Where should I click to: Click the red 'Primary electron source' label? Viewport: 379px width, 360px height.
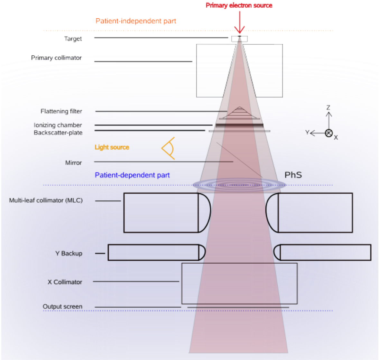point(239,5)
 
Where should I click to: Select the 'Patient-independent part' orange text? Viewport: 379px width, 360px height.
point(136,21)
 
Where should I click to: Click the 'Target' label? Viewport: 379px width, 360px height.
point(73,39)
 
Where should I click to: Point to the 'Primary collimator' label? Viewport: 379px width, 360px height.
point(56,58)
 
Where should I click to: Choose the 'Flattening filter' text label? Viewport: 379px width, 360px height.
point(61,111)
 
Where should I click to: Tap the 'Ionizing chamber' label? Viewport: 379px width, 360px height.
point(58,125)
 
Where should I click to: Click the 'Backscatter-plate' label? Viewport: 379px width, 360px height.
point(58,133)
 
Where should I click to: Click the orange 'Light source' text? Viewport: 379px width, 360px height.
point(112,147)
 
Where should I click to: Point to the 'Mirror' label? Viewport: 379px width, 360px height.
point(73,163)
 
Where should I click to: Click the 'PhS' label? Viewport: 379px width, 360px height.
point(293,175)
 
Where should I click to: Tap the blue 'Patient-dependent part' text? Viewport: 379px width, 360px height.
point(132,175)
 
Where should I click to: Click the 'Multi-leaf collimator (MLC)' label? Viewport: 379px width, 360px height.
point(46,200)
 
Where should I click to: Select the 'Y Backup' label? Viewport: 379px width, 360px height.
point(69,254)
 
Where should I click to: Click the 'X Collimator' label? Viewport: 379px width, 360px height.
point(65,282)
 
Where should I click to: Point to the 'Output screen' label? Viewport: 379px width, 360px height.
point(62,307)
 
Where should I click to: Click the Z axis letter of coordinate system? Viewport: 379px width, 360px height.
point(328,107)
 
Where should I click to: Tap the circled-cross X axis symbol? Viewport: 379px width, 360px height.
point(328,133)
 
